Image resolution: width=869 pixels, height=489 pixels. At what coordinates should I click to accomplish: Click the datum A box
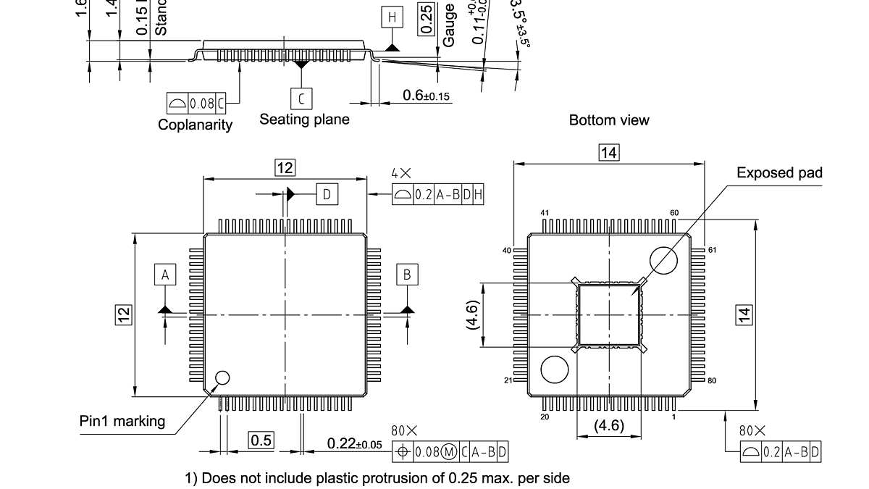pos(165,275)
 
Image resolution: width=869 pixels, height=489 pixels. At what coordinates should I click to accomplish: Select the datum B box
pos(407,275)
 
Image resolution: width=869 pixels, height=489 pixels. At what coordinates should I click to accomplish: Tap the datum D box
pos(327,194)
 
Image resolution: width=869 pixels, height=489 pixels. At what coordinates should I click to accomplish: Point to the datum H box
pos(392,18)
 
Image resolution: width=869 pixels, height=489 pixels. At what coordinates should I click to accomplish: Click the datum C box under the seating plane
pos(301,98)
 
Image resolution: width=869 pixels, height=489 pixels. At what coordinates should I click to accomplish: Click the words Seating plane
pos(304,119)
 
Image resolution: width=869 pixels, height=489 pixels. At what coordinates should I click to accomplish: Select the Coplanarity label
pos(196,125)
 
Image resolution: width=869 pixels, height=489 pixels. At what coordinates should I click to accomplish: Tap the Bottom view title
pos(609,120)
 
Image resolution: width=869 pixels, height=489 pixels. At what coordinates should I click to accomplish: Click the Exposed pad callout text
pos(779,172)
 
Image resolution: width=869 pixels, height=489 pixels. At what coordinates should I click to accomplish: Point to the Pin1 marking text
pos(122,421)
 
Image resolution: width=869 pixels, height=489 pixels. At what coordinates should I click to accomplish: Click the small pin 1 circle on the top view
pos(222,377)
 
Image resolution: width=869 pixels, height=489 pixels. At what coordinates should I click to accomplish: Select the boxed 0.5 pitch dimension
pos(261,440)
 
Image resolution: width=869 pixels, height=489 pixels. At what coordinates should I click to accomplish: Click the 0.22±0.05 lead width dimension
pos(354,443)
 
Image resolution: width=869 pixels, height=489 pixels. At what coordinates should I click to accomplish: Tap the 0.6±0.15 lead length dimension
pos(427,96)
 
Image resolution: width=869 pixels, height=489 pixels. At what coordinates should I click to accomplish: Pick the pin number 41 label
pos(546,213)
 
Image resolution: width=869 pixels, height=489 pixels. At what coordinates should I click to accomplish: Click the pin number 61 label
pos(712,250)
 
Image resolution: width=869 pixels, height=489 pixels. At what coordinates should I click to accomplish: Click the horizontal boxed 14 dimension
pos(609,152)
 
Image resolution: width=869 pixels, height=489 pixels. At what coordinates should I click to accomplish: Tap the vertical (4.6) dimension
pos(472,316)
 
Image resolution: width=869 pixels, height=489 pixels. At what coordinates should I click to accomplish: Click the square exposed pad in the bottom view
pos(609,314)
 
